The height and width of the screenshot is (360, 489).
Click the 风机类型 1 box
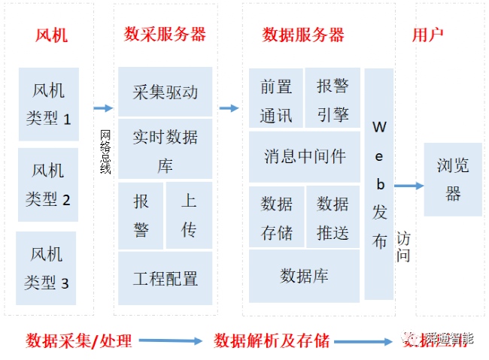coord(48,104)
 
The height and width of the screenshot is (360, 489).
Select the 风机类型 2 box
coord(48,185)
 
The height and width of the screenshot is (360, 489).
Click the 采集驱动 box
coord(166,92)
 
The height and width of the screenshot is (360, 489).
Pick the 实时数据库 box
coord(166,150)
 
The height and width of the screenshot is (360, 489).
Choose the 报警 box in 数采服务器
coord(141,215)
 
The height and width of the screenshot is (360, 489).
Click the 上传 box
coord(189,215)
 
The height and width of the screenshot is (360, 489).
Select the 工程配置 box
coord(166,279)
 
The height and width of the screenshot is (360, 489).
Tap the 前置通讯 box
coord(276,99)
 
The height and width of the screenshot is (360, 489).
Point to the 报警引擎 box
coord(333,99)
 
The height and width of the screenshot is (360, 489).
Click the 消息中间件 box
coord(305,156)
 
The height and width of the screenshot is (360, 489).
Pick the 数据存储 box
coord(276,217)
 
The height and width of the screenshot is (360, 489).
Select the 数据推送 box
coord(333,217)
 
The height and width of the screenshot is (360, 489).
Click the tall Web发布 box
coord(379,184)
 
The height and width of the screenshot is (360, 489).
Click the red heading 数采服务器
coord(165,34)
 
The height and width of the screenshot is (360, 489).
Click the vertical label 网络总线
coord(105,151)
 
